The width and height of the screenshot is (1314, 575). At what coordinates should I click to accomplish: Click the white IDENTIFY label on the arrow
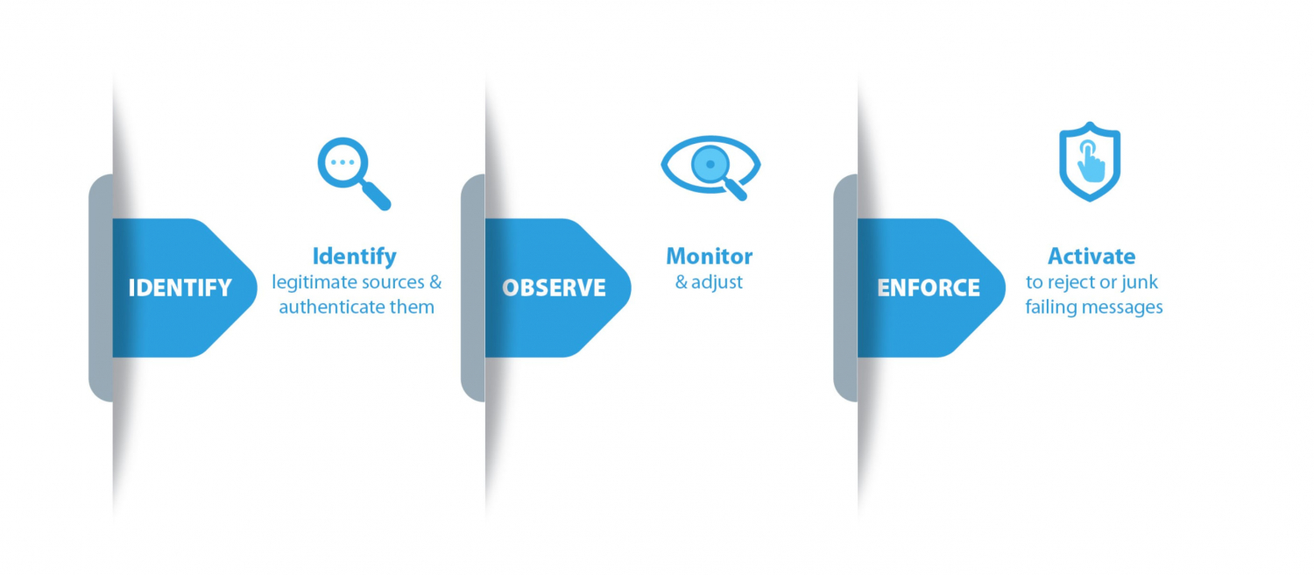pos(180,288)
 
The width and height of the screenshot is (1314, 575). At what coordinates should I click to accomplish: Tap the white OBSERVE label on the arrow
pos(554,288)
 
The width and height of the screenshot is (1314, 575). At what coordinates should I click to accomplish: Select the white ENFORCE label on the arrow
pos(929,288)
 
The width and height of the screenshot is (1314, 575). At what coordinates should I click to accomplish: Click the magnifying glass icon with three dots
pos(354,174)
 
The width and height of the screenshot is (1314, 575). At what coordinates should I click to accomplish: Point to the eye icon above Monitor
pos(710,167)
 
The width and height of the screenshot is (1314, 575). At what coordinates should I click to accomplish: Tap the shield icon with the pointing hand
pos(1090,161)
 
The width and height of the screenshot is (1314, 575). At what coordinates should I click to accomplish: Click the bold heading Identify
pos(354,257)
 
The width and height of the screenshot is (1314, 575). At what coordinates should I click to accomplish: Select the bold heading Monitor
pos(710,257)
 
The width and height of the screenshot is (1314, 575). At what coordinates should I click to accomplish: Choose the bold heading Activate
pos(1091,257)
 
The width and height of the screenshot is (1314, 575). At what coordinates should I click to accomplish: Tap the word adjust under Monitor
pos(717,283)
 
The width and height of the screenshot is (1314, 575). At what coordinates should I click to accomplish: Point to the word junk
pos(1139,283)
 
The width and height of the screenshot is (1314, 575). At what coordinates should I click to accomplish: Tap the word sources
pos(393,283)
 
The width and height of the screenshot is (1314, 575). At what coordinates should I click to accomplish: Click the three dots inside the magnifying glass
pos(343,162)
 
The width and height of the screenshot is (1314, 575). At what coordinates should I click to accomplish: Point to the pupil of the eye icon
pos(710,164)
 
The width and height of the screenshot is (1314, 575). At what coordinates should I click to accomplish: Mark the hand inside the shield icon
pos(1091,162)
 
